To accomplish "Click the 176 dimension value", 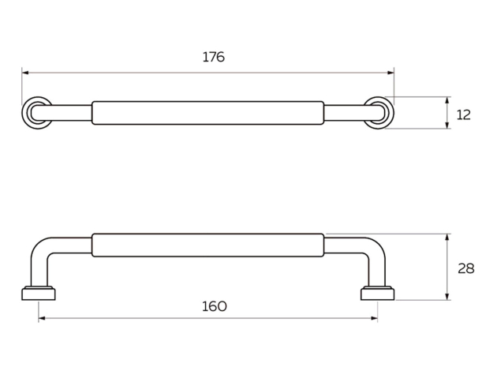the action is (214, 57).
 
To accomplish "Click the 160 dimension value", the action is (215, 306).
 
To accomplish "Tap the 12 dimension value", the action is (463, 114).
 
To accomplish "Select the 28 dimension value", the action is (466, 268).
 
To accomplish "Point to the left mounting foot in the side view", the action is (39, 294).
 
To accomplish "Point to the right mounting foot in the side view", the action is (378, 294).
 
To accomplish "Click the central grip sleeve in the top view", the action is (208, 113).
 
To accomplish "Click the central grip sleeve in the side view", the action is (208, 245).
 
